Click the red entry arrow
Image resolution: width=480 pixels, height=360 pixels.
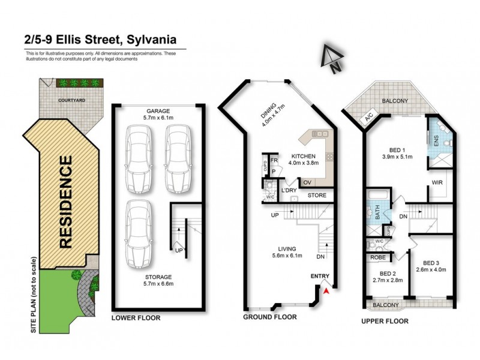click(326, 290)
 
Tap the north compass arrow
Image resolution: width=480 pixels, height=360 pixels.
click(329, 59)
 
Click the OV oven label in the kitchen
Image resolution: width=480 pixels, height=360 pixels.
click(307, 182)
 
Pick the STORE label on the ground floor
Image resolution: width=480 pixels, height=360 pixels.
click(317, 196)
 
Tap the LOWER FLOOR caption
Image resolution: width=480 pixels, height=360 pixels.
click(136, 317)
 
